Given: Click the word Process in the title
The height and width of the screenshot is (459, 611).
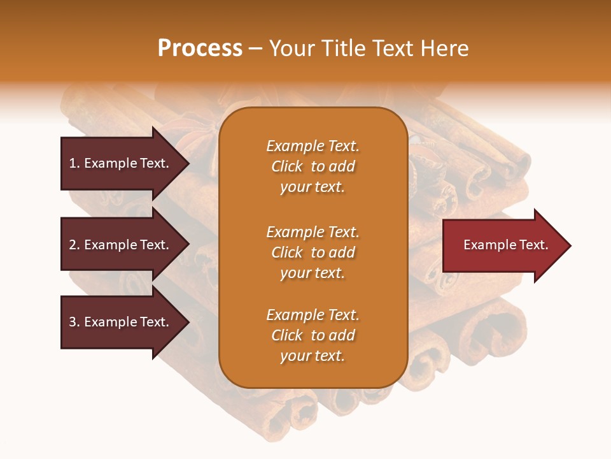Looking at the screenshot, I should [x=200, y=48].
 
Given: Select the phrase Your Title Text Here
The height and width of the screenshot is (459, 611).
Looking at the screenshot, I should [x=369, y=48].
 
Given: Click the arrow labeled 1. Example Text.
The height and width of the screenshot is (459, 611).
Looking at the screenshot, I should [x=121, y=163].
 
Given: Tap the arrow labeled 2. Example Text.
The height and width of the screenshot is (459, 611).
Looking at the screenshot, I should [x=121, y=245].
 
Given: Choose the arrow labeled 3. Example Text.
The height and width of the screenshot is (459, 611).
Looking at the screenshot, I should [x=121, y=322].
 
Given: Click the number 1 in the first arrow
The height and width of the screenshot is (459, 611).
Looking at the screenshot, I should [x=73, y=163].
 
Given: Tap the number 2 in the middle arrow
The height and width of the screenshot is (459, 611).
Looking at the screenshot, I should [x=73, y=245].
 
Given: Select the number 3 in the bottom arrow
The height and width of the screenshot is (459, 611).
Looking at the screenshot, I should [x=73, y=322].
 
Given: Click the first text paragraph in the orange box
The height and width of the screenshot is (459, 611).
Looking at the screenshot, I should [x=313, y=166].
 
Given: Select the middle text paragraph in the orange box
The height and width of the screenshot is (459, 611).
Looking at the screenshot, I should [x=313, y=252].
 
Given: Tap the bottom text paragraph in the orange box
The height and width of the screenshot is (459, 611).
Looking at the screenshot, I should [x=313, y=335].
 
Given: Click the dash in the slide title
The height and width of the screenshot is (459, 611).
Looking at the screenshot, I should [x=256, y=48].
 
